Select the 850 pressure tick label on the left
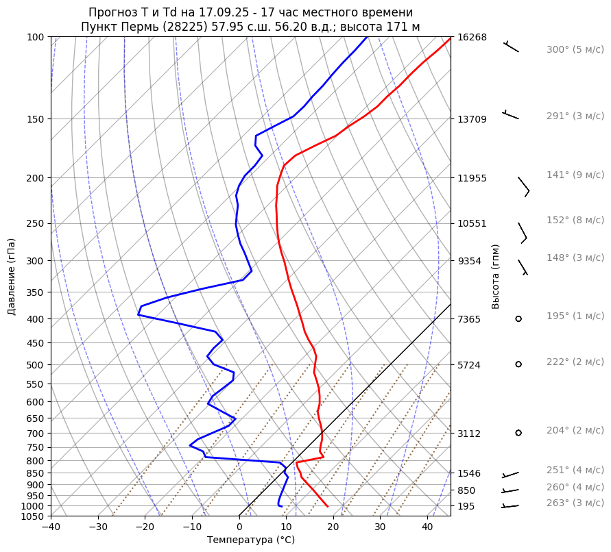[36, 473]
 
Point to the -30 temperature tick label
[98, 527]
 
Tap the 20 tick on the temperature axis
[333, 527]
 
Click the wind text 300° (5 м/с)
[575, 50]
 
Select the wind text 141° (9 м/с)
[575, 175]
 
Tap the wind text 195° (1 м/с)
[575, 316]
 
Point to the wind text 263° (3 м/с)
[575, 503]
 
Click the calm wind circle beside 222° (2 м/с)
[518, 364]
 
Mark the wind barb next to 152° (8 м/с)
[523, 232]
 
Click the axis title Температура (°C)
[251, 540]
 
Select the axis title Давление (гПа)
[12, 277]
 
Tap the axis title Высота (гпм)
[495, 277]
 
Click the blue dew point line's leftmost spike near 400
[138, 314]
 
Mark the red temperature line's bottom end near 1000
[328, 506]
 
